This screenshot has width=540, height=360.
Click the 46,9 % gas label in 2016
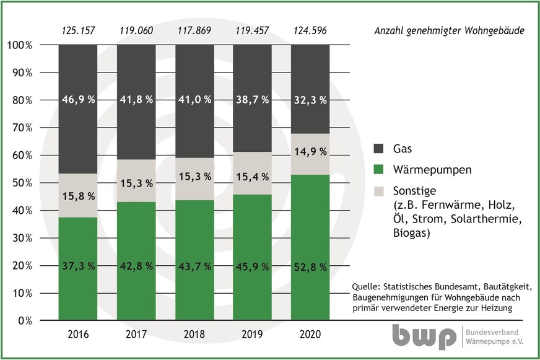(78, 100)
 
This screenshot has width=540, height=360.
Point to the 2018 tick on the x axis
(194, 335)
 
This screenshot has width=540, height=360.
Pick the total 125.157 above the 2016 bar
(78, 30)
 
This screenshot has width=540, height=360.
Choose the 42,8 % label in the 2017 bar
(136, 266)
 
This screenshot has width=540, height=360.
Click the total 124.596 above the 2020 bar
(310, 30)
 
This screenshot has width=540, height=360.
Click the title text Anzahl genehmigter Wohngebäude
(449, 31)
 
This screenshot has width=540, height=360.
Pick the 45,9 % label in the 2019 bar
(253, 266)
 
